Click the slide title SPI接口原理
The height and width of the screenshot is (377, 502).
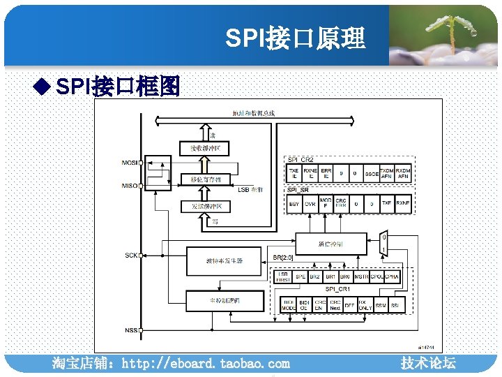click(x=295, y=38)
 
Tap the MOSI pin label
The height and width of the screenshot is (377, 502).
click(x=129, y=163)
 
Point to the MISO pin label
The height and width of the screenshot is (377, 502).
click(x=129, y=186)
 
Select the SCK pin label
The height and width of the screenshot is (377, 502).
click(x=130, y=256)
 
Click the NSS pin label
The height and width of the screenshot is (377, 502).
click(x=130, y=329)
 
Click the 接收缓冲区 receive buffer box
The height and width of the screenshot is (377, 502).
click(x=205, y=149)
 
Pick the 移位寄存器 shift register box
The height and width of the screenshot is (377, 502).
click(x=205, y=179)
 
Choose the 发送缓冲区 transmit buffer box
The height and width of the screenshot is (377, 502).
click(x=205, y=207)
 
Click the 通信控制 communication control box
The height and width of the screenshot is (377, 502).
click(x=330, y=243)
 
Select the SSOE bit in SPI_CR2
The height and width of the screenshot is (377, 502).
click(x=372, y=174)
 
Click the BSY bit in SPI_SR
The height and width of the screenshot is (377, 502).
click(x=294, y=204)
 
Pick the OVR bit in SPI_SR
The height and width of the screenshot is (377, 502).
click(x=310, y=204)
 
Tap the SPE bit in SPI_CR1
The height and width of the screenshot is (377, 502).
click(x=300, y=277)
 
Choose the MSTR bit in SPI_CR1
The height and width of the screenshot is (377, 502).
click(x=361, y=277)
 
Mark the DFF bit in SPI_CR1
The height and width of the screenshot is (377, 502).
click(x=349, y=306)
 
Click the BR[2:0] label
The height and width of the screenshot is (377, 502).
click(x=282, y=258)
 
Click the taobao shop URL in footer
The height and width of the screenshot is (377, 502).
click(x=170, y=364)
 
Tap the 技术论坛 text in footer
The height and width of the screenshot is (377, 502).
click(x=428, y=363)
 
